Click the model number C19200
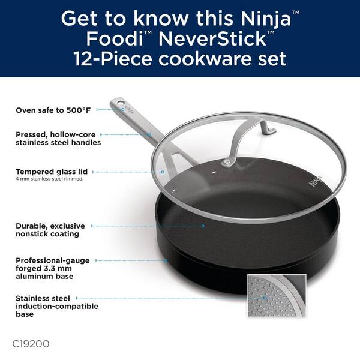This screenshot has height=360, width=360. point(31,344)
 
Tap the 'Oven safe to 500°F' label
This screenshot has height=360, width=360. point(53,110)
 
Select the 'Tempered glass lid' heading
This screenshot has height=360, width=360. point(52,172)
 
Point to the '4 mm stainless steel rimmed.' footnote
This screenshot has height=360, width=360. point(50,179)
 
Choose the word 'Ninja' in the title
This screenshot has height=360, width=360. point(266,19)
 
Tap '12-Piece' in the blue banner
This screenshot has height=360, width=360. point(113,59)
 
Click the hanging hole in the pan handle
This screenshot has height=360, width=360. point(120,103)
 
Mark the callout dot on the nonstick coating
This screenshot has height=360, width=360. point(203,226)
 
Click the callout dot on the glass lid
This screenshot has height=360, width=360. point(163,172)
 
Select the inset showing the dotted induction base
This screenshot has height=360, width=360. point(277,295)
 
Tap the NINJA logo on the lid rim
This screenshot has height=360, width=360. point(315,181)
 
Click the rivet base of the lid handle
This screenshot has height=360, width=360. point(226,163)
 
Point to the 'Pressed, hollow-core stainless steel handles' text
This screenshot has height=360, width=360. point(58,139)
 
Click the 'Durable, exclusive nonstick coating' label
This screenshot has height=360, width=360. point(50,230)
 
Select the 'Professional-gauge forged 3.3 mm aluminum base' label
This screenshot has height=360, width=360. point(53,268)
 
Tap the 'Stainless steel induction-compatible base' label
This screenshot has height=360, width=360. point(57,306)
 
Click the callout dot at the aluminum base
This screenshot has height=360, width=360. point(166,260)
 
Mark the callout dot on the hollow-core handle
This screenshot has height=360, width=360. point(149,134)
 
